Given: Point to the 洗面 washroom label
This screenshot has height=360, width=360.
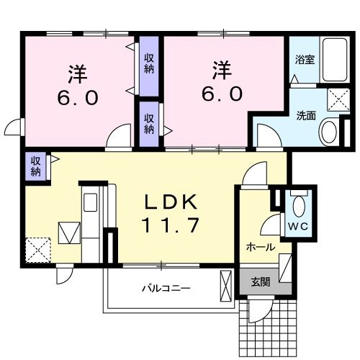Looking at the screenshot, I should (x=306, y=115).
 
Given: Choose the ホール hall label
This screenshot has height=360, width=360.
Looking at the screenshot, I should (x=260, y=247).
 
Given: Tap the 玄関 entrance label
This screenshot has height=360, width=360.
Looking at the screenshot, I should (x=261, y=282).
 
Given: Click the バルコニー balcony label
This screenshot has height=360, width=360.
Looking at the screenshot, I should (x=166, y=288).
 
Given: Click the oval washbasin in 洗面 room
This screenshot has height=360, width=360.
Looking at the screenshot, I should (x=329, y=132).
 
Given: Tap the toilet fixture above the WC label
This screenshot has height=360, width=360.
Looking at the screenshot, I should (x=297, y=202).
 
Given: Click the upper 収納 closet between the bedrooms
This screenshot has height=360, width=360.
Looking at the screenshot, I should (x=148, y=64).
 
